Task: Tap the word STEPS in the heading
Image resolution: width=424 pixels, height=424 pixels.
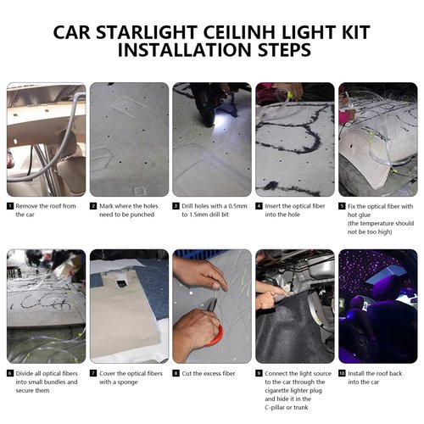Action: tap(284, 50)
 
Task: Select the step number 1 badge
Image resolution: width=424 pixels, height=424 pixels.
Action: tap(10, 206)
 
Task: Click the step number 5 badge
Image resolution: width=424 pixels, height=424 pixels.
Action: tap(342, 206)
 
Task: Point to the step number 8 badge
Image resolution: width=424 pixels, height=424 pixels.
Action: tap(176, 373)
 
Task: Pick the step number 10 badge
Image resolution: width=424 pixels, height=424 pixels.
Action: tap(342, 373)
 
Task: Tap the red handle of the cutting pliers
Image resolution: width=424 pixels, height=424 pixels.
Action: tap(217, 337)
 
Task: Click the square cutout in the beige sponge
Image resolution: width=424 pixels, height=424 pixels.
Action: tap(121, 283)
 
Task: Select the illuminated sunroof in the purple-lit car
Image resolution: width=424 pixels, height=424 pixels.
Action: tap(387, 274)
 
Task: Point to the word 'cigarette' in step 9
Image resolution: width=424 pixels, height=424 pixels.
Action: tap(277, 391)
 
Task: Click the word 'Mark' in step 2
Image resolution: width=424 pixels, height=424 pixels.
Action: tap(106, 206)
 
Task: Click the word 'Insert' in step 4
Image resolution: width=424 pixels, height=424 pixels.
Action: tap(273, 206)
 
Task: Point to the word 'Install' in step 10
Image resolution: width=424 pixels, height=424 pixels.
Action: tap(356, 373)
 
